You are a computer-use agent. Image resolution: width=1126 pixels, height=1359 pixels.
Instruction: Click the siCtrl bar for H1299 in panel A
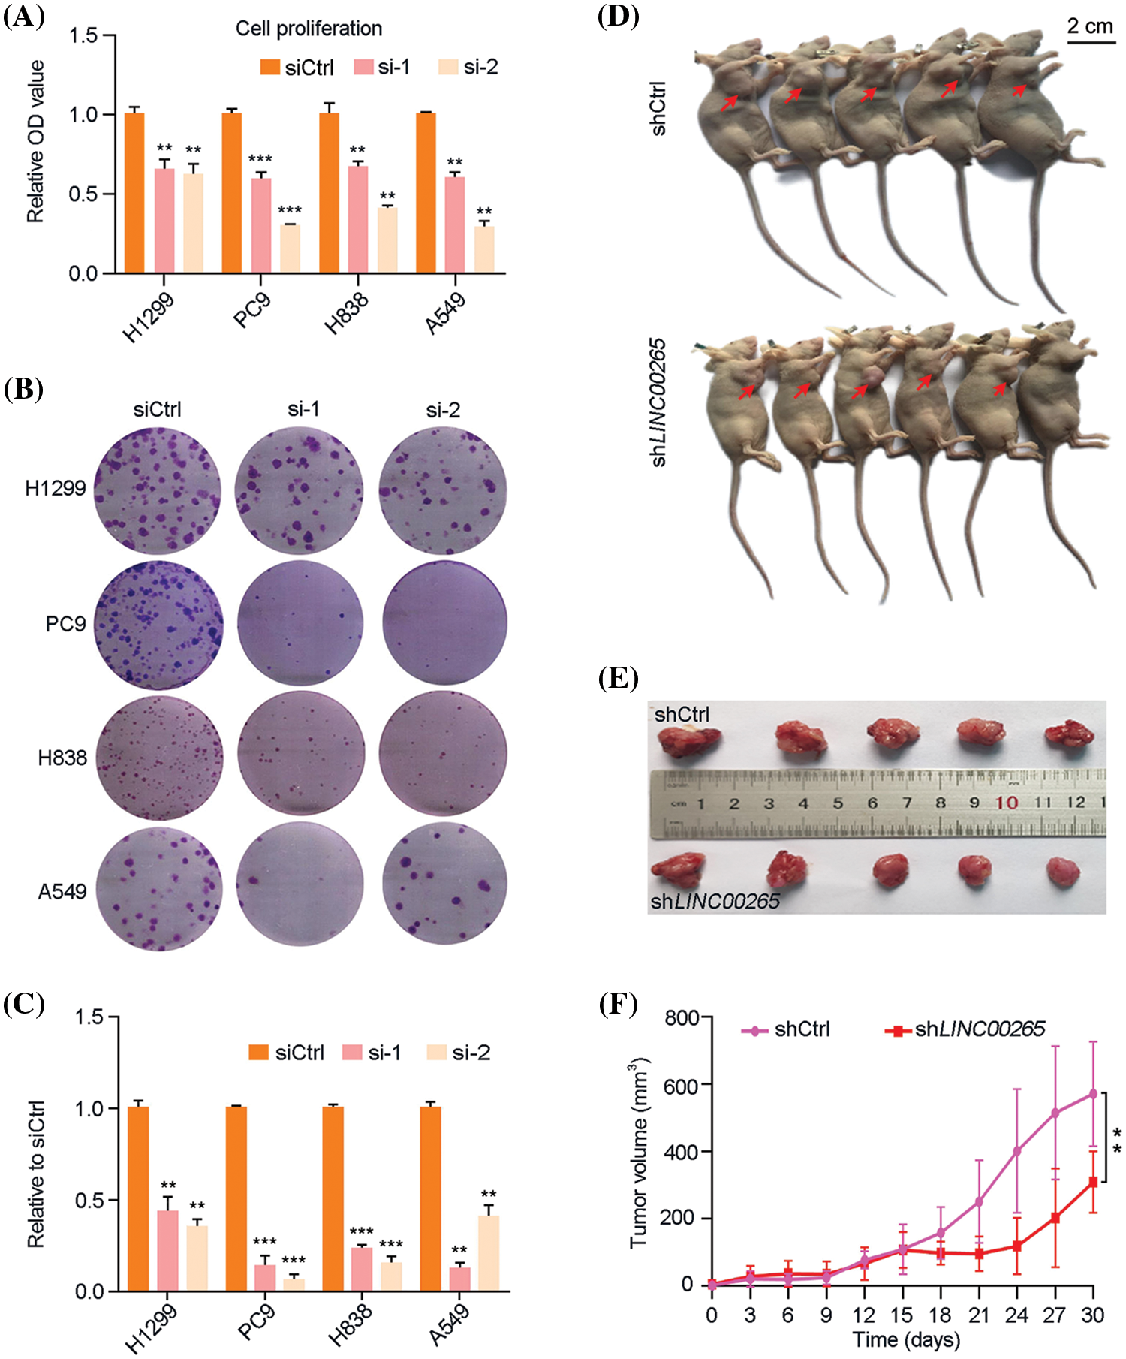click(x=134, y=193)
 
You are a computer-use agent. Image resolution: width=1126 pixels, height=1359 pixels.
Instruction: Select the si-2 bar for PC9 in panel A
click(x=290, y=249)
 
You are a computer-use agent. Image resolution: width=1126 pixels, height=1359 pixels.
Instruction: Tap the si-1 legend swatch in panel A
click(x=363, y=67)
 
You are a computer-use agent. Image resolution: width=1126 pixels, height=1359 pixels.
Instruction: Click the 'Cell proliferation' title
click(x=309, y=29)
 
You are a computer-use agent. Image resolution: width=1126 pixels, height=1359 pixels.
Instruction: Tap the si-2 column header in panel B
click(x=443, y=410)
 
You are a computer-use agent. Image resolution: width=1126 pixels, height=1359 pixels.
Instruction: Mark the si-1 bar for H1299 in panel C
click(x=167, y=1251)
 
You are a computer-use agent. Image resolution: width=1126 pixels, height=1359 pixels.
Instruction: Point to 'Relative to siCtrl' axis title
click(x=36, y=1174)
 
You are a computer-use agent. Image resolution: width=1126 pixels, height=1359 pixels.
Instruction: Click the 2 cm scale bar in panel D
click(x=1091, y=42)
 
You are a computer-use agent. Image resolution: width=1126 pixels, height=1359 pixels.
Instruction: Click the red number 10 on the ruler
click(x=1007, y=803)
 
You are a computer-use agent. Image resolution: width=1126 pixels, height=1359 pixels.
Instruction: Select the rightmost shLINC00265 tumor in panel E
click(x=1063, y=872)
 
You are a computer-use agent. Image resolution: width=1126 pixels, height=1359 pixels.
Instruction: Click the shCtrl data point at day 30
click(x=1093, y=1094)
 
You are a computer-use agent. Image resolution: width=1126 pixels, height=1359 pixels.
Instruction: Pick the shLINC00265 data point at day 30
click(x=1093, y=1182)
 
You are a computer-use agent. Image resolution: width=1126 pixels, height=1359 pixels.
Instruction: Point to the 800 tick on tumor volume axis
click(x=681, y=1018)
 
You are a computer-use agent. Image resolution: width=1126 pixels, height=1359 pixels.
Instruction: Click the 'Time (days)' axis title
click(x=906, y=1339)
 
